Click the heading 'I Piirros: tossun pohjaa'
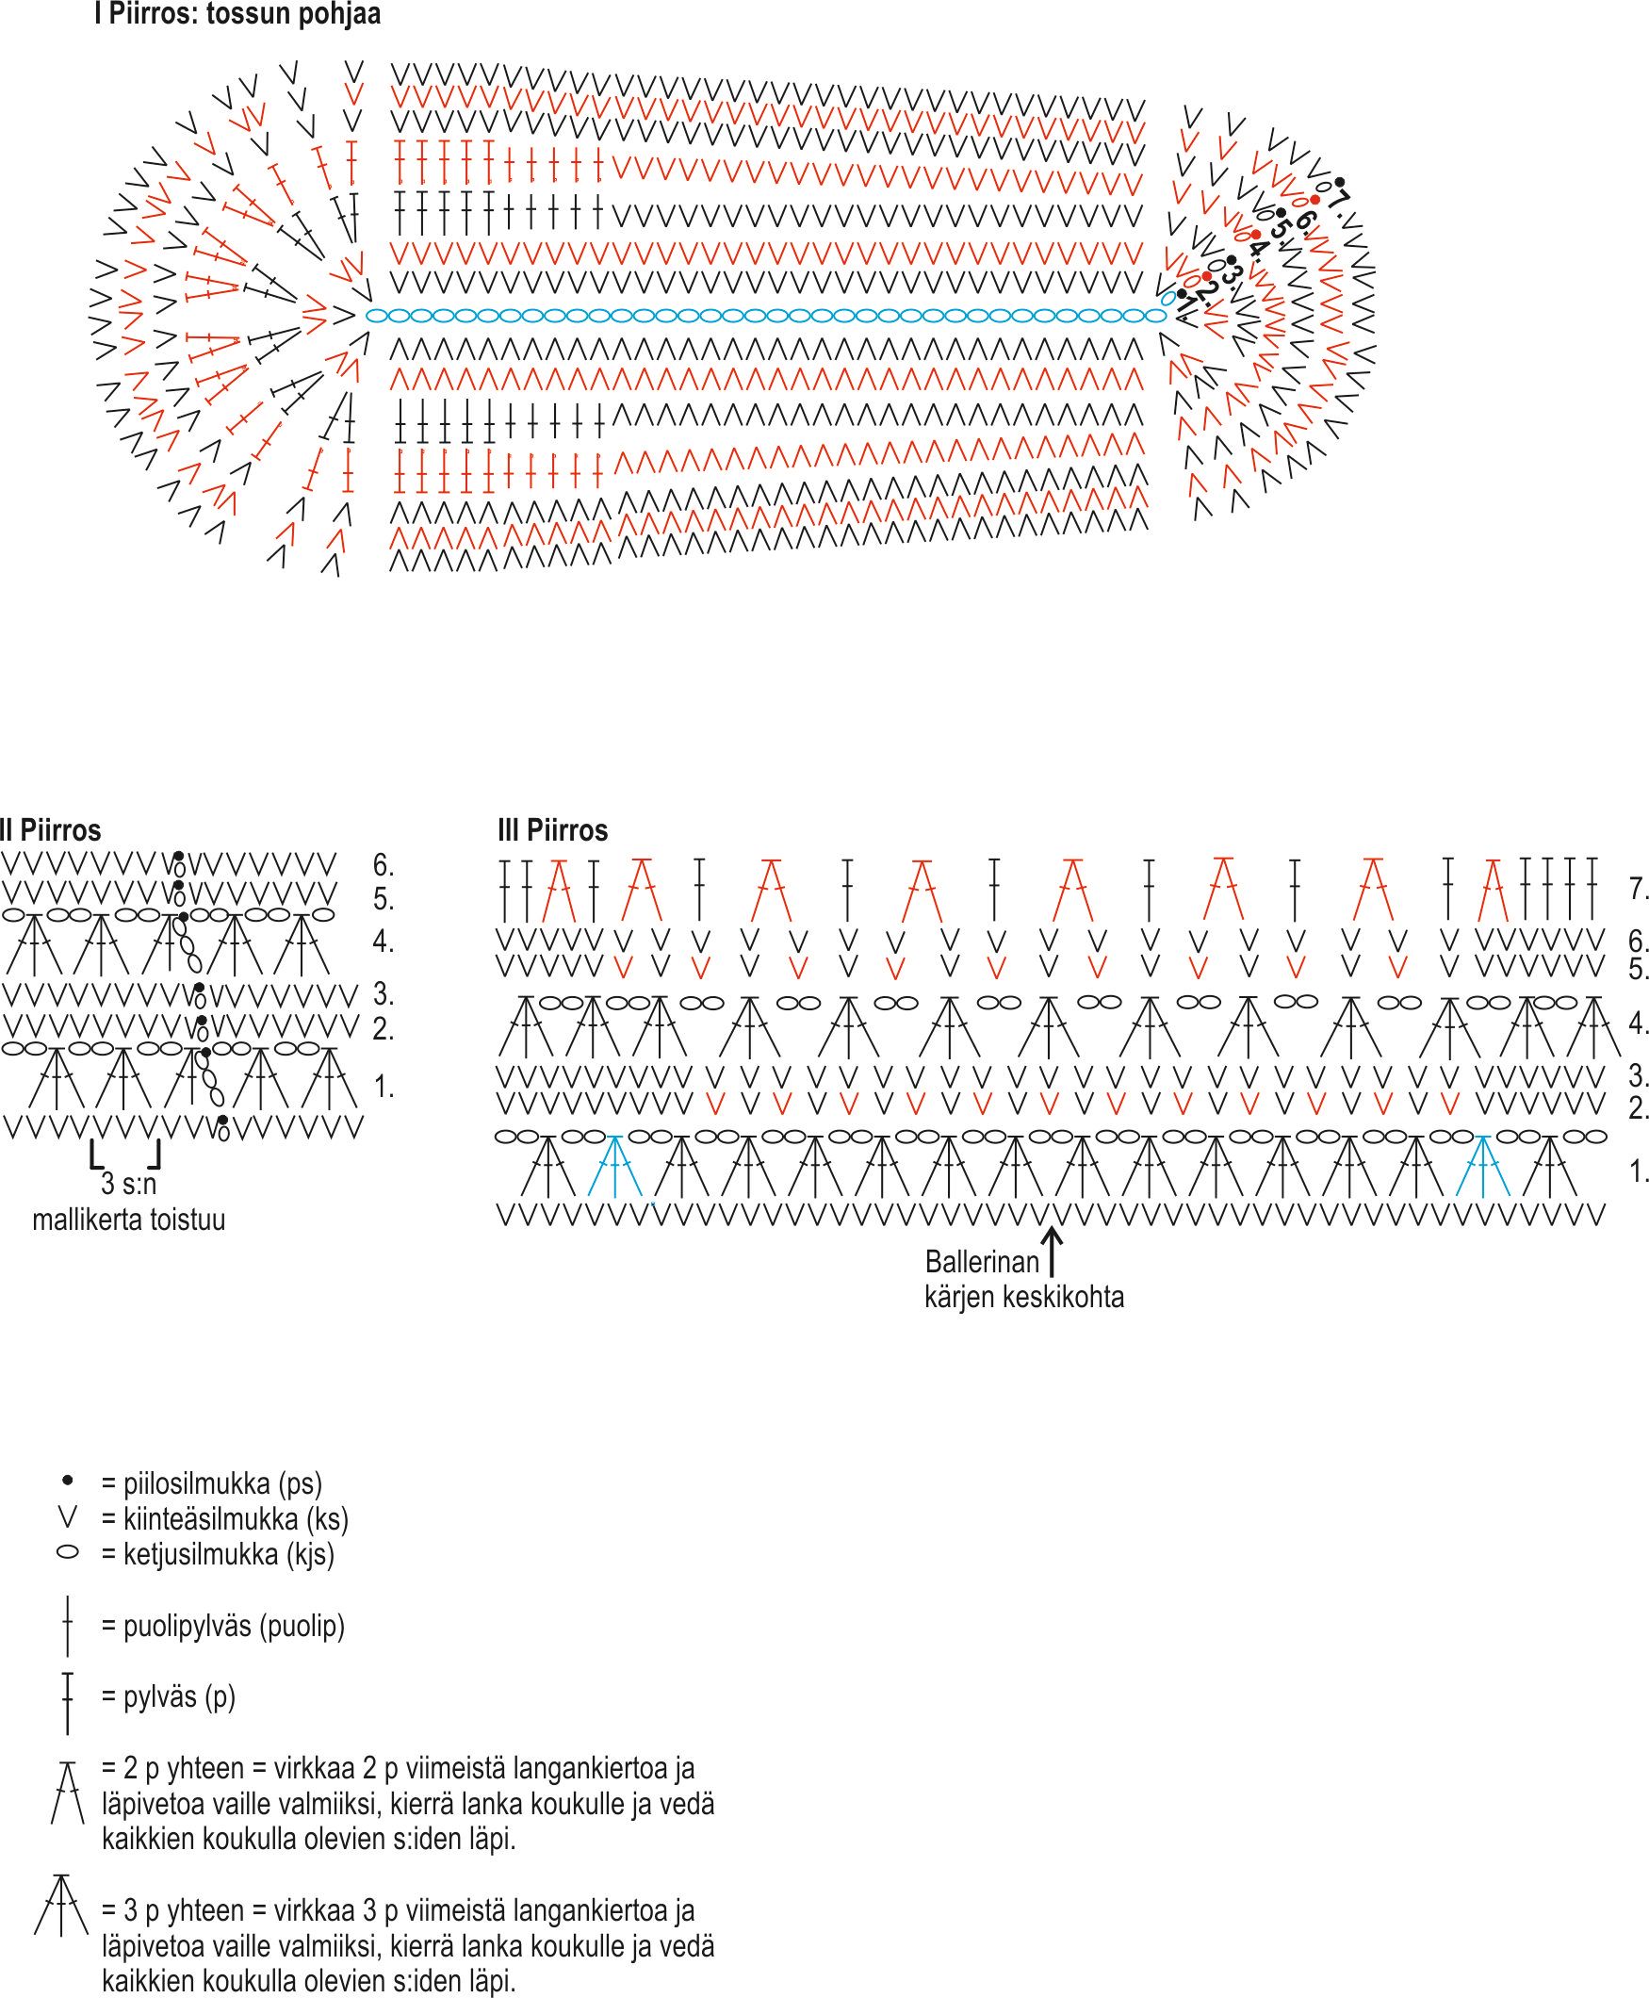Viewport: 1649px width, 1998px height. click(237, 15)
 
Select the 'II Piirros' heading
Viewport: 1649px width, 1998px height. click(51, 830)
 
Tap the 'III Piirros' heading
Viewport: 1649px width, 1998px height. click(553, 830)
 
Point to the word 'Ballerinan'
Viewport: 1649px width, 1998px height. click(981, 1262)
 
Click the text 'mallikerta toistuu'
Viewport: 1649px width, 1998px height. click(129, 1220)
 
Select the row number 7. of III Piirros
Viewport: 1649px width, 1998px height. click(1638, 890)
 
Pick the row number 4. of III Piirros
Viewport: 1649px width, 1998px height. click(1638, 1024)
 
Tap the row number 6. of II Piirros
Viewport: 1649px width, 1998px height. click(384, 865)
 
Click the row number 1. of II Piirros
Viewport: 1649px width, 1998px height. click(384, 1088)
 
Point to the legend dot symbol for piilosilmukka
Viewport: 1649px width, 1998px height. click(68, 1481)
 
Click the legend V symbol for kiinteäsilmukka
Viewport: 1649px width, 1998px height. click(68, 1517)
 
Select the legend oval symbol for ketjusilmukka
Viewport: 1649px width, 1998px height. click(68, 1552)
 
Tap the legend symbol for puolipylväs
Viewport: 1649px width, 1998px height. click(68, 1627)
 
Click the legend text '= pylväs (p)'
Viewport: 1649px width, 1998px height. click(168, 1696)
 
